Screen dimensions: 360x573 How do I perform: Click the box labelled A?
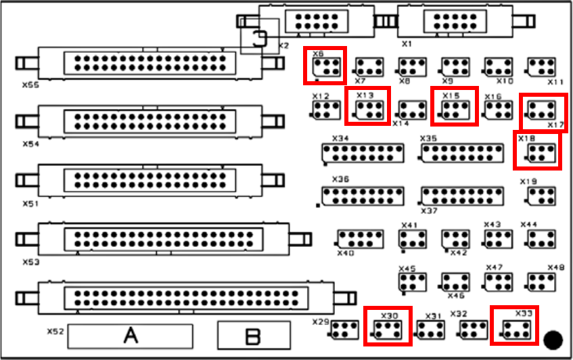tap(131, 336)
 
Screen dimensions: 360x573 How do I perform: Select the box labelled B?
tap(253, 336)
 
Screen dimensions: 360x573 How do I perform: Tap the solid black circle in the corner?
tap(553, 340)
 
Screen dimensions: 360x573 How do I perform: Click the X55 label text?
tap(30, 86)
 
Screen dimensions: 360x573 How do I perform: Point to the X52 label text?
tap(55, 332)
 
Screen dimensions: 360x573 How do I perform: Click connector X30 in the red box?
tap(388, 329)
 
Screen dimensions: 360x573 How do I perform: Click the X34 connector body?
tap(363, 153)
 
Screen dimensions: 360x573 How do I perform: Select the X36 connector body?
tap(363, 196)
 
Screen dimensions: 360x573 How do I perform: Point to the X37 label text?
tap(429, 210)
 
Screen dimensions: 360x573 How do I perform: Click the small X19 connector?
tap(541, 196)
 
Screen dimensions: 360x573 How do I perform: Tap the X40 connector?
tap(359, 238)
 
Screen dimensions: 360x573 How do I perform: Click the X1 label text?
tap(407, 43)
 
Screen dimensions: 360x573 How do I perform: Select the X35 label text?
tap(428, 138)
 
